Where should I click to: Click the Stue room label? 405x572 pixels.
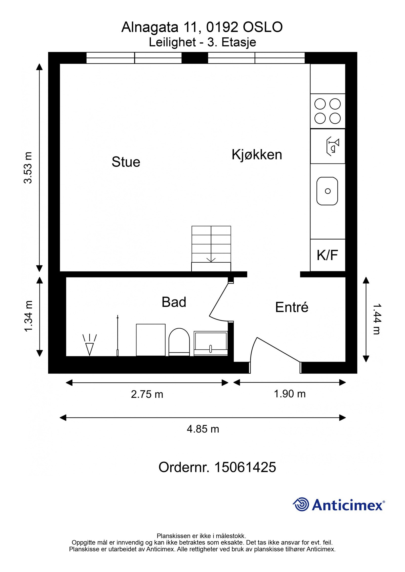pyautogui.click(x=126, y=162)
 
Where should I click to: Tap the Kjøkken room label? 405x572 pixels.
pyautogui.click(x=257, y=154)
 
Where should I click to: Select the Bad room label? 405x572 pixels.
pyautogui.click(x=174, y=302)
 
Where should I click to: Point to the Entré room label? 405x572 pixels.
pyautogui.click(x=292, y=307)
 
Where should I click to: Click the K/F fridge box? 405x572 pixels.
pyautogui.click(x=328, y=255)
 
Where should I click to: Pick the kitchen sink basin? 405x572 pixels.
pyautogui.click(x=327, y=191)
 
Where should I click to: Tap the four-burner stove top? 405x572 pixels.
pyautogui.click(x=328, y=111)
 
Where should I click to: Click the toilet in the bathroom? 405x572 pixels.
pyautogui.click(x=179, y=342)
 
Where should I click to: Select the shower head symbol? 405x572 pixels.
pyautogui.click(x=90, y=345)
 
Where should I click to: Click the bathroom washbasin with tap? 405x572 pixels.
pyautogui.click(x=211, y=344)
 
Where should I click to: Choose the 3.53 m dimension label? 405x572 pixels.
pyautogui.click(x=28, y=167)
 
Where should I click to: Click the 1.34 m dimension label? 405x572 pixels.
pyautogui.click(x=28, y=316)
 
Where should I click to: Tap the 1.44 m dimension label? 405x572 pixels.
pyautogui.click(x=377, y=319)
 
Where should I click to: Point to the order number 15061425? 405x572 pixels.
pyautogui.click(x=245, y=467)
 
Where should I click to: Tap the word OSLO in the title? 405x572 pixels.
pyautogui.click(x=263, y=27)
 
